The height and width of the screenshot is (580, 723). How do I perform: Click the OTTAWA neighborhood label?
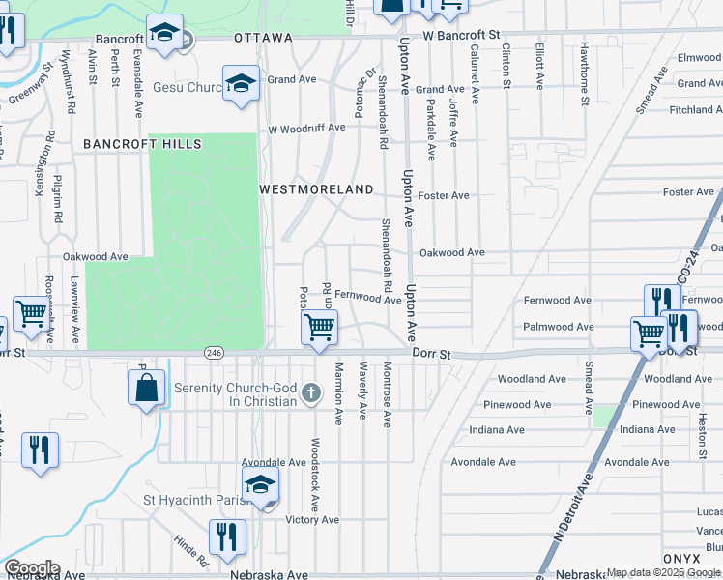click(263, 38)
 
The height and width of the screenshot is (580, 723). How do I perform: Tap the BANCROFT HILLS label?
click(142, 144)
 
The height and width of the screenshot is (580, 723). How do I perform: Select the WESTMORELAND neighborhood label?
click(316, 190)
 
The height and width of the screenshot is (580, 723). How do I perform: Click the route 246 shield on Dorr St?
click(213, 355)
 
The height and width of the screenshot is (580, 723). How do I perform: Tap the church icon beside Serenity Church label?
click(310, 392)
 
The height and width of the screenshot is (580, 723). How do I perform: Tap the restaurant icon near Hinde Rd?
click(227, 536)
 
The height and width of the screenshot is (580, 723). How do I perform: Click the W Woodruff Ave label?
click(306, 128)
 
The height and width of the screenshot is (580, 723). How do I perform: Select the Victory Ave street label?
click(312, 519)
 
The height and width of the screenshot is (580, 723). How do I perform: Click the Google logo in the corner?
click(32, 567)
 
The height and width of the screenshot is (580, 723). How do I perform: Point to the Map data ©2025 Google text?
click(663, 573)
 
